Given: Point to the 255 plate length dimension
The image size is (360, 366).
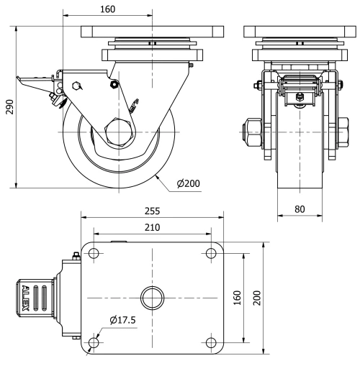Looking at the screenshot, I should [x=151, y=211].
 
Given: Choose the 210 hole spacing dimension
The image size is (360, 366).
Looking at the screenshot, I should [x=151, y=227].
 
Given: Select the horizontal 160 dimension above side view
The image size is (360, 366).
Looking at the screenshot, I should [x=107, y=10].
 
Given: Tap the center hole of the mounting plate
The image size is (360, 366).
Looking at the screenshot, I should [x=152, y=297].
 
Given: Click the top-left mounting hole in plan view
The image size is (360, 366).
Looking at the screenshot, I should [x=94, y=252].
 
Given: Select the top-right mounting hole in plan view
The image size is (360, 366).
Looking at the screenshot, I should [x=210, y=252].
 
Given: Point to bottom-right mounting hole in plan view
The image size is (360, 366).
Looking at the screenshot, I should [x=210, y=342].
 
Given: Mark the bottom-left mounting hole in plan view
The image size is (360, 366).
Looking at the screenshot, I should [x=94, y=342].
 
